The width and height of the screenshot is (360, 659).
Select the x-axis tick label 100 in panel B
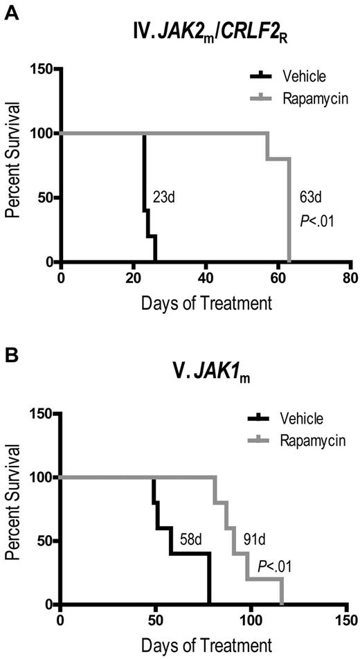click(x=252, y=618)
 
